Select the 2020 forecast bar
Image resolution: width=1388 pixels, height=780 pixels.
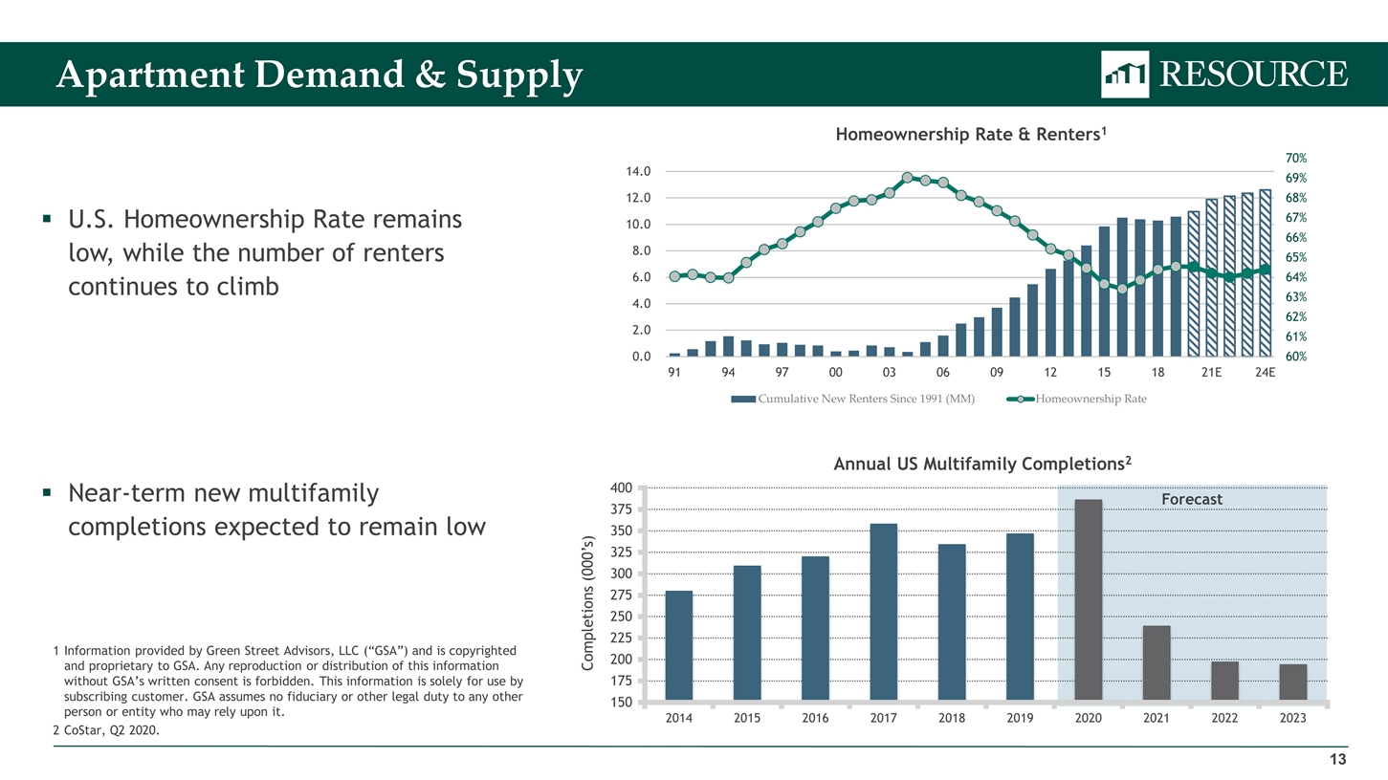(1089, 599)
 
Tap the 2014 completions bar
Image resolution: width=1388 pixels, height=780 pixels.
(678, 645)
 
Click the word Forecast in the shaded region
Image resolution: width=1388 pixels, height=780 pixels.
(1191, 499)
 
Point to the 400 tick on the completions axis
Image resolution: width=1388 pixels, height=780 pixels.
(620, 488)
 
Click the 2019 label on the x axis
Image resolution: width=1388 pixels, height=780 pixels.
(1020, 719)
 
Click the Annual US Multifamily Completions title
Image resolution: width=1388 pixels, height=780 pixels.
(982, 465)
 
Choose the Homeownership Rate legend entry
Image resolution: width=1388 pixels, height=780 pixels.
(1091, 399)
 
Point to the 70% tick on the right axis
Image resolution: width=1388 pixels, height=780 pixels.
(1296, 159)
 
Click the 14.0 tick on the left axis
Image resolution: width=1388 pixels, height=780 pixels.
(638, 172)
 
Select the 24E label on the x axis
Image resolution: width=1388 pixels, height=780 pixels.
(1265, 373)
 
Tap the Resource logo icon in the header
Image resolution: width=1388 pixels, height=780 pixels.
(1125, 74)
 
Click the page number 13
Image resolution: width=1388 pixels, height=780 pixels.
(1337, 760)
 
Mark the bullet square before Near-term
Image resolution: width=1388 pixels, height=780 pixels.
(47, 494)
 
